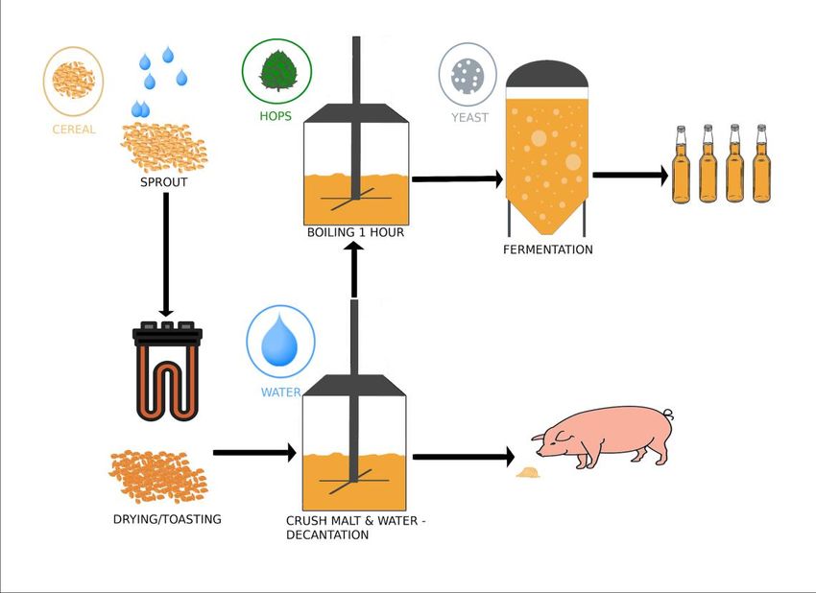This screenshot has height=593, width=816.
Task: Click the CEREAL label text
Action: point(74,130)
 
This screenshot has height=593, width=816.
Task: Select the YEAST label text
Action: point(469,118)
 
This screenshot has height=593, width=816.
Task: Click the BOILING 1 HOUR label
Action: point(355,232)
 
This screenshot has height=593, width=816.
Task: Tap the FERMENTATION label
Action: point(547,249)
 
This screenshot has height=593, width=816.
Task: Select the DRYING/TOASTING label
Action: point(167,519)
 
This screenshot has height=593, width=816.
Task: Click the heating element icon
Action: point(168,370)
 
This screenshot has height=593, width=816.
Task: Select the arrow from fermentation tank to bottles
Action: point(630,176)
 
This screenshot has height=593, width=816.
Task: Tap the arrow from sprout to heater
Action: point(166,254)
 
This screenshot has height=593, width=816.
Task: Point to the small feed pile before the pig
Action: point(527,472)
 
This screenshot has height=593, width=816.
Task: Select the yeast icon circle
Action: point(468,75)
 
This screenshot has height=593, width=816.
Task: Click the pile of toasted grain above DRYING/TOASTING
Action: point(156,476)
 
